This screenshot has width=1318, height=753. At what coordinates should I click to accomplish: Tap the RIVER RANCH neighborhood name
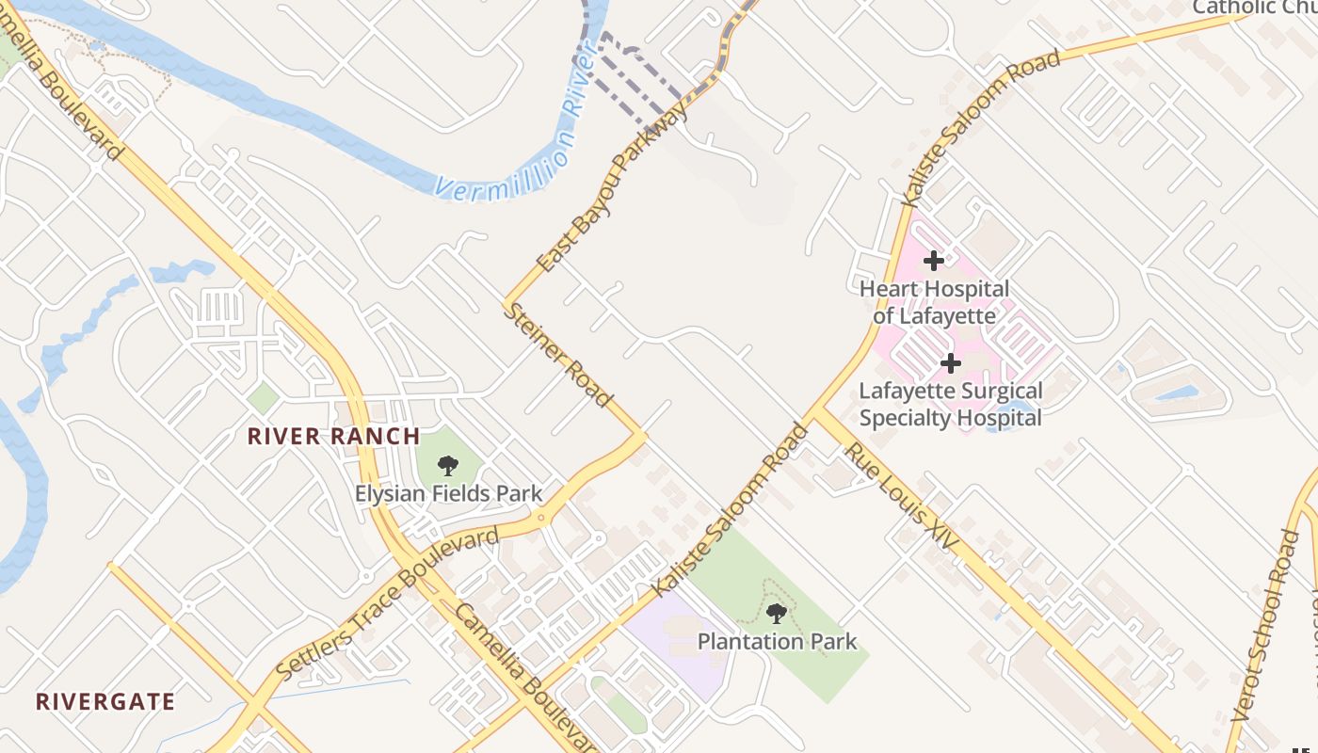click(x=333, y=436)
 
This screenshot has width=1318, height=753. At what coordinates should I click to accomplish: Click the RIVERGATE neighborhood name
click(x=105, y=701)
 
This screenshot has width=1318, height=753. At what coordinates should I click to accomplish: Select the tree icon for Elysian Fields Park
click(x=448, y=465)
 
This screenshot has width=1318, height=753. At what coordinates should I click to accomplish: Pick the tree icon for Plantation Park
click(x=777, y=615)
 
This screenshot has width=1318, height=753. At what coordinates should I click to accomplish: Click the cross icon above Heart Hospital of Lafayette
click(x=933, y=260)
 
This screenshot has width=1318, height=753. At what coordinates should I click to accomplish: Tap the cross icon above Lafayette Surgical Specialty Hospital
click(x=951, y=362)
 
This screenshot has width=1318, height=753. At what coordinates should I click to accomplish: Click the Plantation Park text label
click(x=777, y=642)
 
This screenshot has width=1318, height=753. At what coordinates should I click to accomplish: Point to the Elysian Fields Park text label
click(x=448, y=493)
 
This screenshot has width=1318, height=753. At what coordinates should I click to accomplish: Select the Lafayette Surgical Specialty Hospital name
click(x=951, y=404)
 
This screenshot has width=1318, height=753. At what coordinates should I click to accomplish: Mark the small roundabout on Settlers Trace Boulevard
click(x=541, y=518)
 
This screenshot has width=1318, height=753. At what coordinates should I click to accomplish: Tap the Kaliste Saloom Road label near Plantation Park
click(x=731, y=510)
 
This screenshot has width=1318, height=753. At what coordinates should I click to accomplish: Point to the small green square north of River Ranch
click(x=263, y=397)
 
